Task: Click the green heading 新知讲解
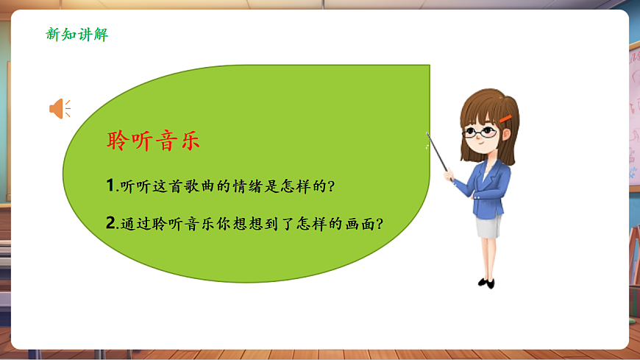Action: point(77,34)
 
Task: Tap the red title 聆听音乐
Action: point(153,141)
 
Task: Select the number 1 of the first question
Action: point(110,186)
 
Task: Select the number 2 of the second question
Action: point(110,223)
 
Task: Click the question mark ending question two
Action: point(381,223)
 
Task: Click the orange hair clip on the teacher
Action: point(505,119)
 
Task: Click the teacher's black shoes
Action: point(486,282)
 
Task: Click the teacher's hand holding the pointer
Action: point(449,174)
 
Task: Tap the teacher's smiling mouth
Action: point(482,149)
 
